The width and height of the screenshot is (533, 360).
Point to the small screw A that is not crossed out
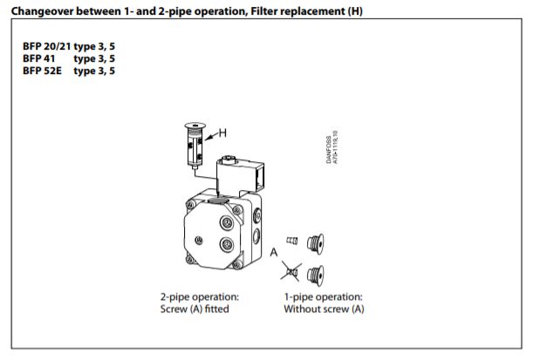(292, 239)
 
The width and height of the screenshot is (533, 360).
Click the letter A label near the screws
(273, 253)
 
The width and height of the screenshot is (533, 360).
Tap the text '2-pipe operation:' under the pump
(200, 297)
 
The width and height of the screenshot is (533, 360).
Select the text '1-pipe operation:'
(323, 297)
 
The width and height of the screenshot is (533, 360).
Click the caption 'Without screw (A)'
(324, 309)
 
